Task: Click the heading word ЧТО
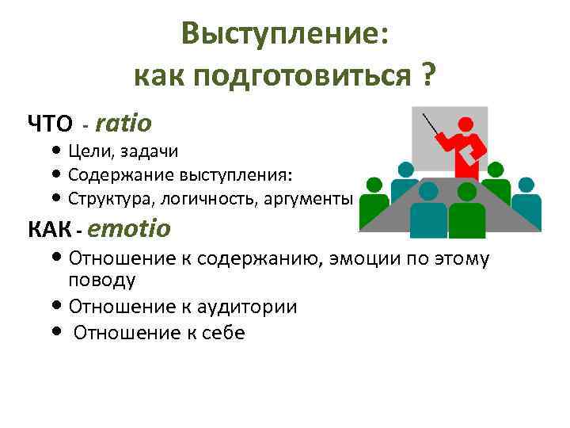coord(50,124)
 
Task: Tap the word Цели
coord(89,151)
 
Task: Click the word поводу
coord(102,281)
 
